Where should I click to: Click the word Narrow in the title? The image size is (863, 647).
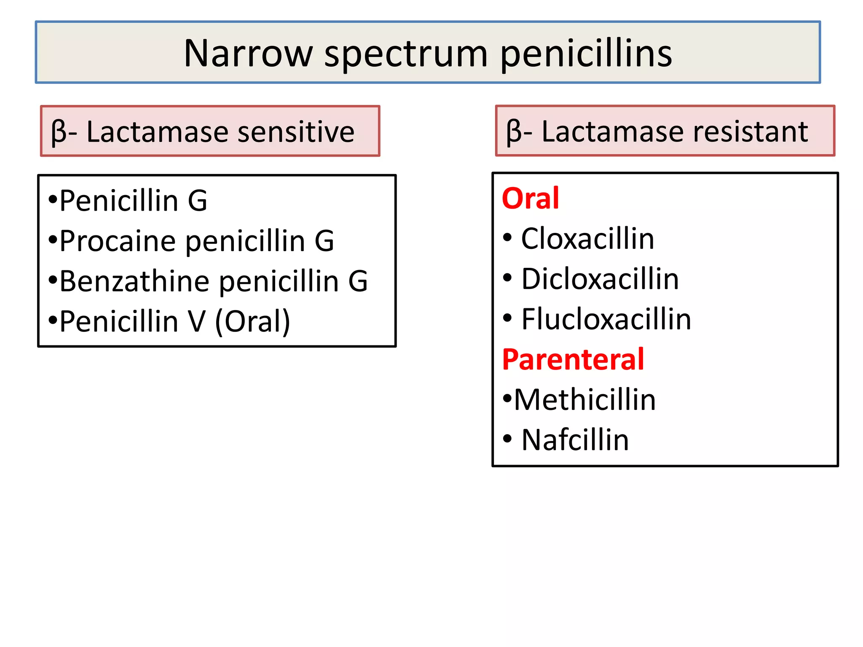[249, 53]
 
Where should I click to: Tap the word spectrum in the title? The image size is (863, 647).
[406, 55]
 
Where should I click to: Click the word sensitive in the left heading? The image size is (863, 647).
[296, 132]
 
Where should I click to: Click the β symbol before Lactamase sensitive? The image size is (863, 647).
[59, 132]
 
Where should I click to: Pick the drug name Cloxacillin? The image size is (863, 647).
[587, 238]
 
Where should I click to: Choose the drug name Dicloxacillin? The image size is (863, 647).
[600, 279]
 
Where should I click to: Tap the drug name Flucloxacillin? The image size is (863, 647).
[606, 319]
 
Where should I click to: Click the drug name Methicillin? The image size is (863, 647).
[585, 400]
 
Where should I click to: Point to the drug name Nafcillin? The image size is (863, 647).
[575, 440]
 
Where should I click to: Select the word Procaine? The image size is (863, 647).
[118, 241]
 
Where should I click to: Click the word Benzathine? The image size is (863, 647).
[134, 281]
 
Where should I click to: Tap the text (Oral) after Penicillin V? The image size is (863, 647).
[252, 321]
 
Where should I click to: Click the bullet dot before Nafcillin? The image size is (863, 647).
[507, 438]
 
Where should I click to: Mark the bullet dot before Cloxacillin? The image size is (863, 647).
[507, 237]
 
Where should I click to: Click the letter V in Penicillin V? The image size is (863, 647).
[197, 321]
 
